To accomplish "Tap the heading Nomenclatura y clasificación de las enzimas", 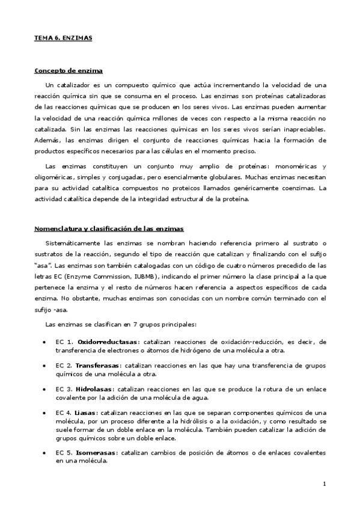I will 109,229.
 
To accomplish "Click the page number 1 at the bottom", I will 324,484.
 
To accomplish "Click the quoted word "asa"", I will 41,265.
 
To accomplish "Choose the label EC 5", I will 64,453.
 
